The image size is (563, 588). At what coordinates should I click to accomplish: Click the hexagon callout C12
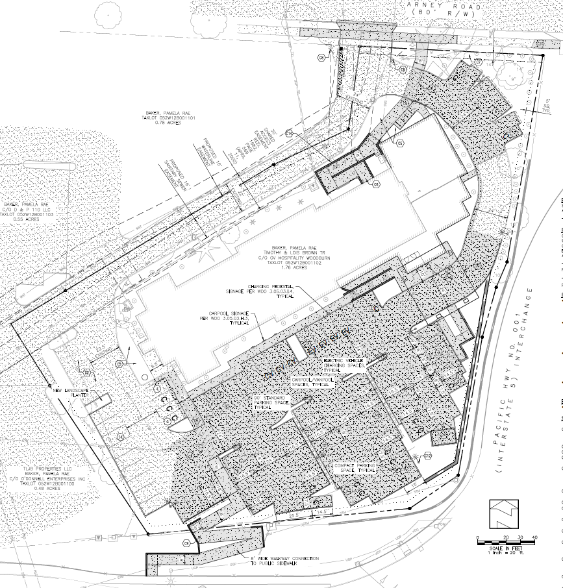[x=428, y=456]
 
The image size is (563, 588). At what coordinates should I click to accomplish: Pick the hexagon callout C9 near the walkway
[x=186, y=524]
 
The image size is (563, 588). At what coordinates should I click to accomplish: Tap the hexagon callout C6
[x=375, y=185]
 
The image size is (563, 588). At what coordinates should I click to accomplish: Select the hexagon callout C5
[x=401, y=142]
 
